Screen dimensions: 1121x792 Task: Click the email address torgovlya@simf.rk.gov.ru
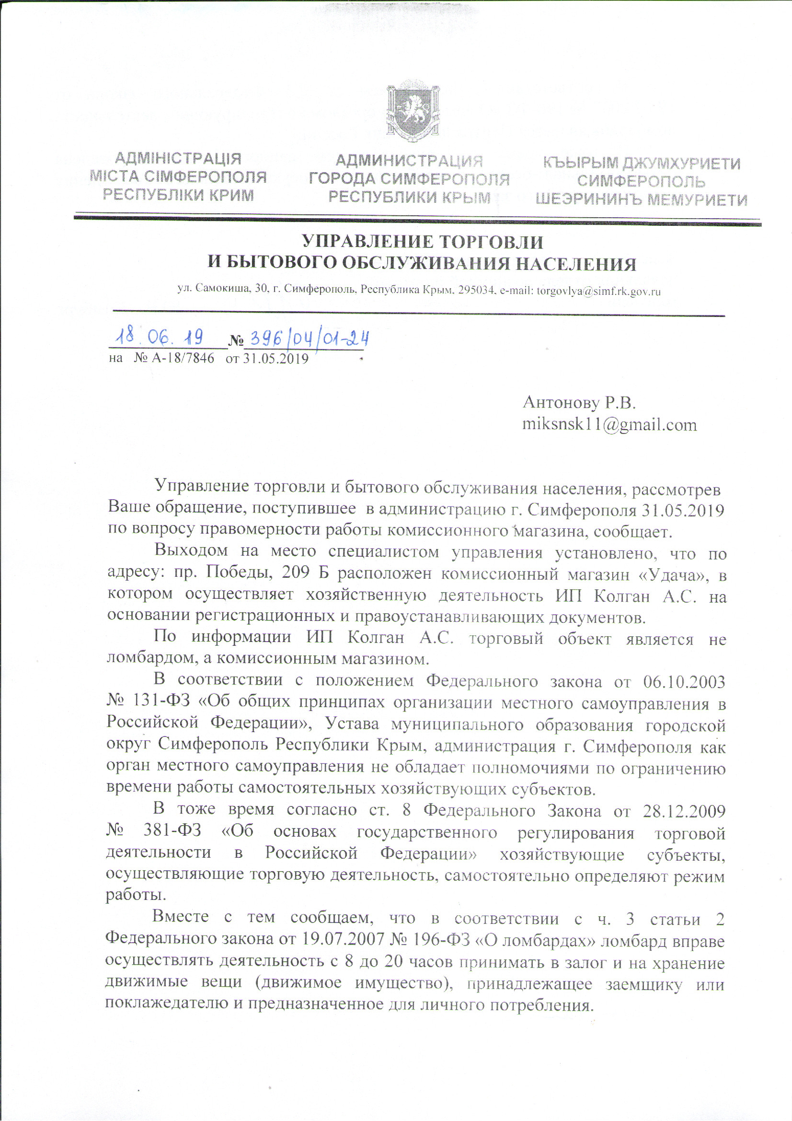click(599, 292)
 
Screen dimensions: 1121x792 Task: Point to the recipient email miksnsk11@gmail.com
click(609, 424)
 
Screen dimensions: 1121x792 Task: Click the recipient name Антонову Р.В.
click(580, 402)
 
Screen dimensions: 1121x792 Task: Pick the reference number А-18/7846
click(183, 358)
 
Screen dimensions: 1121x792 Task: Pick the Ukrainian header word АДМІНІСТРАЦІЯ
click(178, 159)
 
